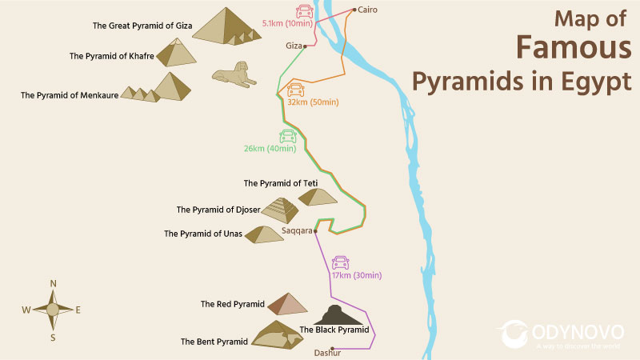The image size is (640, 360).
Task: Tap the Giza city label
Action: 294,46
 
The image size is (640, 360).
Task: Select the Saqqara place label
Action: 297,231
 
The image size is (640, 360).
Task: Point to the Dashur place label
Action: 327,353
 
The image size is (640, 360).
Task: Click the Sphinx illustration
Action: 234,77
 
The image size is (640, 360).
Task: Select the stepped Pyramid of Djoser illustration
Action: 280,210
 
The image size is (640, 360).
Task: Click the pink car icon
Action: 305,11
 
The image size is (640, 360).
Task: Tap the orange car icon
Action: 295,89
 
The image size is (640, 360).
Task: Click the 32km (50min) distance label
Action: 314,102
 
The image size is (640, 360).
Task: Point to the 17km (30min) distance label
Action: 358,276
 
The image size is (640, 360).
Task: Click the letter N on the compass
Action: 53,283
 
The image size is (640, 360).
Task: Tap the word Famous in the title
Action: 560,49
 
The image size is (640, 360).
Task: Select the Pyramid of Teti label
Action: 281,183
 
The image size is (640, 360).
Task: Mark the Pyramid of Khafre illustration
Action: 175,53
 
